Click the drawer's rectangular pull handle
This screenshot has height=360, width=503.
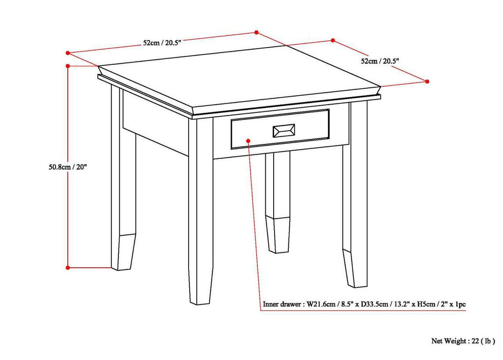tap(283, 131)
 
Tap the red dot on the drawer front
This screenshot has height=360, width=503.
tap(249, 140)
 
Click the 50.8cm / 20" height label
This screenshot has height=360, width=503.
tap(65, 166)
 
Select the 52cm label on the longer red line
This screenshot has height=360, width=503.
tap(162, 43)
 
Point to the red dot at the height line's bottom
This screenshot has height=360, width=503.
tap(68, 267)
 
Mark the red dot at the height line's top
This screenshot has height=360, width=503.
tap(68, 65)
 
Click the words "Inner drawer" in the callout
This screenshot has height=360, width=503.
tap(282, 305)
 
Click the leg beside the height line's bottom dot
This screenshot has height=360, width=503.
tap(122, 196)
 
